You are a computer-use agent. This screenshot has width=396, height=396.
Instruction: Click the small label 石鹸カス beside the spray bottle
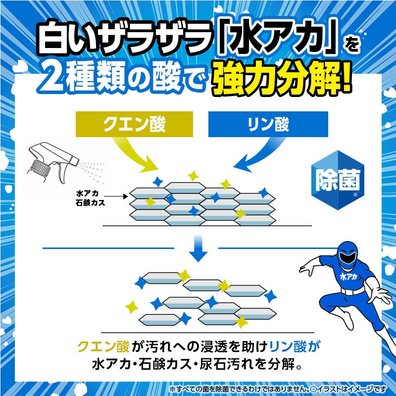(x=87, y=202)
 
